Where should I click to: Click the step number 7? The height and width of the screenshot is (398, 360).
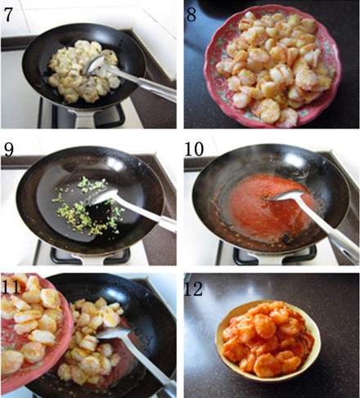[x=8, y=15]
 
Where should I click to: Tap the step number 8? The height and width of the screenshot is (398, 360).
[x=191, y=15]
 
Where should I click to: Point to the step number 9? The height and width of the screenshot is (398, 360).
[x=9, y=150]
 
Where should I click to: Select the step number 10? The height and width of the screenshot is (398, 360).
[x=194, y=149]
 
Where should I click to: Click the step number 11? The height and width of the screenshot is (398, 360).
[x=11, y=286]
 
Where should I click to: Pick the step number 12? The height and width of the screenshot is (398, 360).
[x=194, y=288]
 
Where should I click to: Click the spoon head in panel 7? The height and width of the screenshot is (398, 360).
[x=95, y=65]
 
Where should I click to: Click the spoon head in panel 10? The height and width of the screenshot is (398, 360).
[x=288, y=195]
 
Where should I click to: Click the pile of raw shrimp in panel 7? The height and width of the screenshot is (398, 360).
[x=84, y=71]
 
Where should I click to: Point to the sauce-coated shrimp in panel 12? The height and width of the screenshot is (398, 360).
[x=268, y=338]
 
